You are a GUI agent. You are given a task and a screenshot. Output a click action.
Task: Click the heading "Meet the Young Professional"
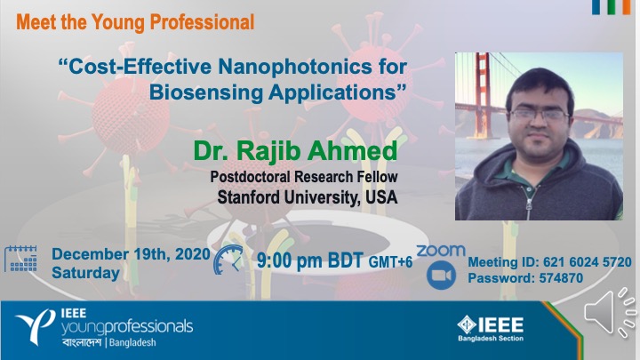(x=135, y=22)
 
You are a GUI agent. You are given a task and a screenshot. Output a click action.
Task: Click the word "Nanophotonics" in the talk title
(x=290, y=67)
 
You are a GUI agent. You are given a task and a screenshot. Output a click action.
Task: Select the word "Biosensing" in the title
(x=205, y=92)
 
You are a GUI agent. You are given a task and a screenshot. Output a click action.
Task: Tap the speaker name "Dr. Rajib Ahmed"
(x=295, y=150)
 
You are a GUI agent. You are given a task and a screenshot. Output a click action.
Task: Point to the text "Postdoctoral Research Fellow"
(x=304, y=177)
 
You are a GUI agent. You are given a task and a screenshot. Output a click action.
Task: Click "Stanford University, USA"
(x=308, y=197)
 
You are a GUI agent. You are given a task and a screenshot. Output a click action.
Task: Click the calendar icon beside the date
(x=20, y=259)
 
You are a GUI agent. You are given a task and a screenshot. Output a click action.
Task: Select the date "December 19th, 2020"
(x=131, y=254)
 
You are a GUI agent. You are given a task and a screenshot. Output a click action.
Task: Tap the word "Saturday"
(x=85, y=273)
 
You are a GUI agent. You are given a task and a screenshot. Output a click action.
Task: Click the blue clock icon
(x=228, y=260)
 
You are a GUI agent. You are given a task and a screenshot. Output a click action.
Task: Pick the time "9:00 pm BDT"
(x=310, y=260)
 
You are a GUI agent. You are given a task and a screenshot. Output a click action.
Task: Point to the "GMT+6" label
(x=390, y=262)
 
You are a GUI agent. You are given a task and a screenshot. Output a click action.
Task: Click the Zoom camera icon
(x=441, y=275)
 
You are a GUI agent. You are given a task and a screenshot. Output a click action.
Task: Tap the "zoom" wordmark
(x=441, y=251)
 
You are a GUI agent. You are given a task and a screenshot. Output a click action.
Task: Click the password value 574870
(x=561, y=278)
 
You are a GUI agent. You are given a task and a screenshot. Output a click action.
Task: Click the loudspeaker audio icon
(x=610, y=313)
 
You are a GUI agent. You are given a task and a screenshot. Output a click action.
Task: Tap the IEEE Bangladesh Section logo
(x=491, y=328)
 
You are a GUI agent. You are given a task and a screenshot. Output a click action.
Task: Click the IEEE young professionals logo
(x=104, y=327)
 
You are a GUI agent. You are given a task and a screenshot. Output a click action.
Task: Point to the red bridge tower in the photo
(x=483, y=95)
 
